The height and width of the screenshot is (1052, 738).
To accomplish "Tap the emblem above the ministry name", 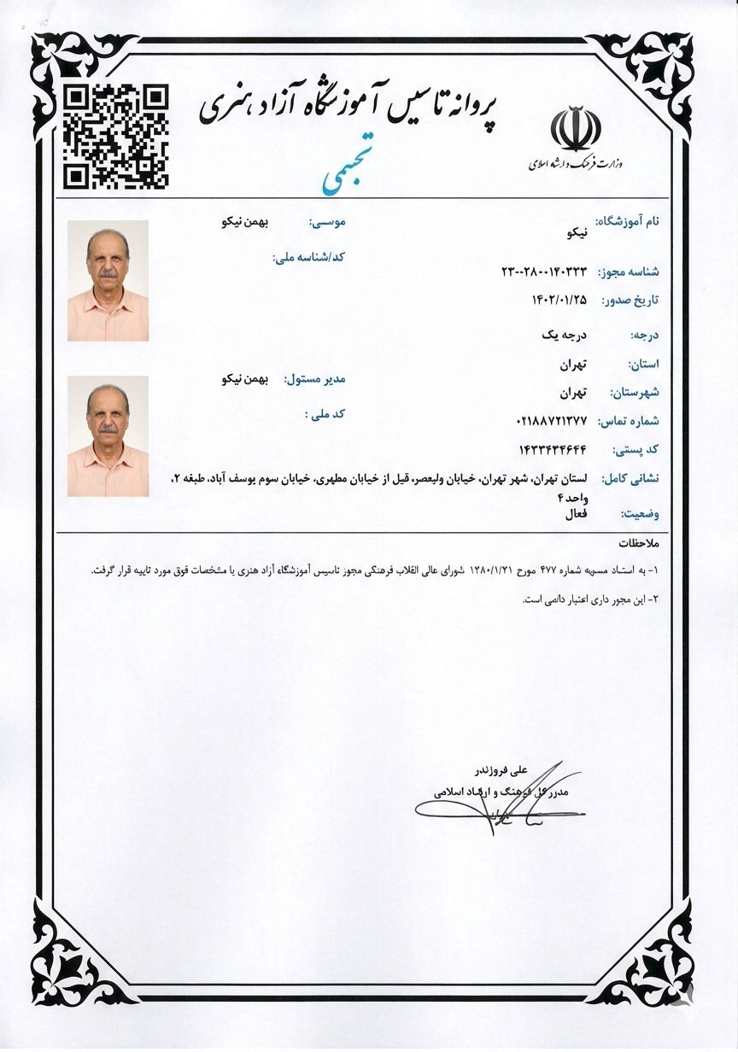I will (x=576, y=128).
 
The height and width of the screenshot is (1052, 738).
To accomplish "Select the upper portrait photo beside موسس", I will (x=108, y=281).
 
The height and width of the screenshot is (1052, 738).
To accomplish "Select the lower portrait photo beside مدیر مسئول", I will (x=108, y=436).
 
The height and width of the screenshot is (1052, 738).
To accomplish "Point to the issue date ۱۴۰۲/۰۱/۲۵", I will (x=559, y=300).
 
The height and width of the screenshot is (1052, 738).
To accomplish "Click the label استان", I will (x=645, y=365).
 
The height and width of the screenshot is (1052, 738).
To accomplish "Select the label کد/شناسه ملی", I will (x=307, y=256).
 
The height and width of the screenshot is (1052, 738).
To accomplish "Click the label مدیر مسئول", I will (x=319, y=379).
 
